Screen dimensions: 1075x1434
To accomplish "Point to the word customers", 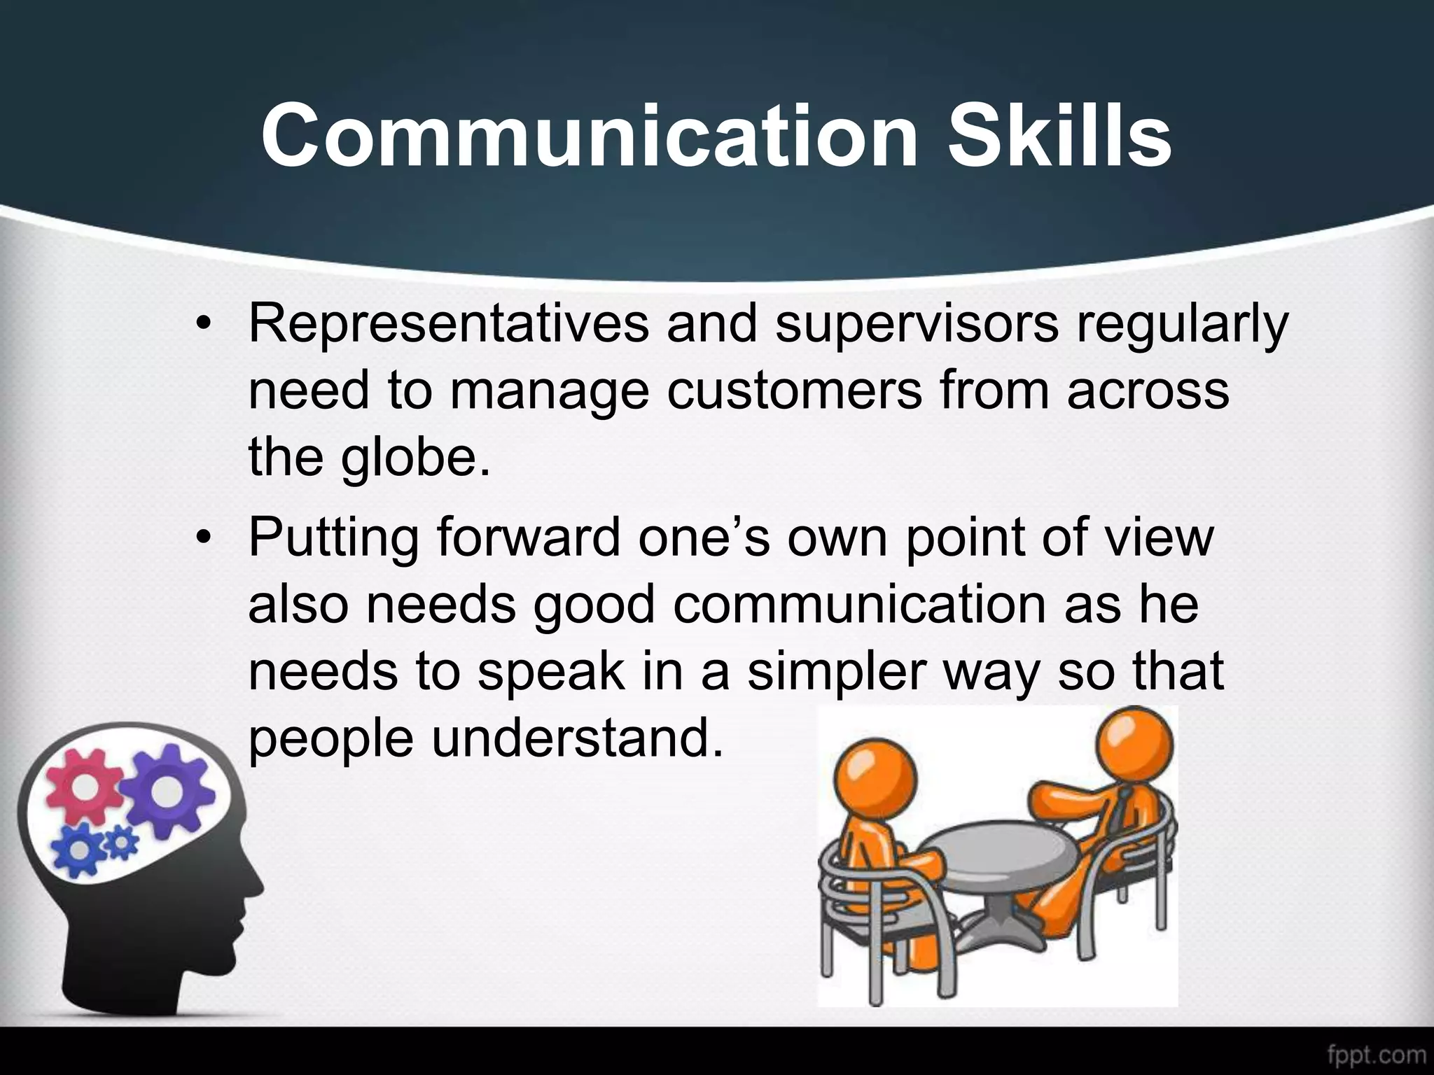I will pos(794,391).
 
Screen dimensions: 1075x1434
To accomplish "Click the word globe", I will pos(416,458).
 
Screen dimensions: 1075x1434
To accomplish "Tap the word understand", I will pos(577,738).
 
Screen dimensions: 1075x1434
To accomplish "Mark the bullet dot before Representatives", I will pos(203,326).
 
